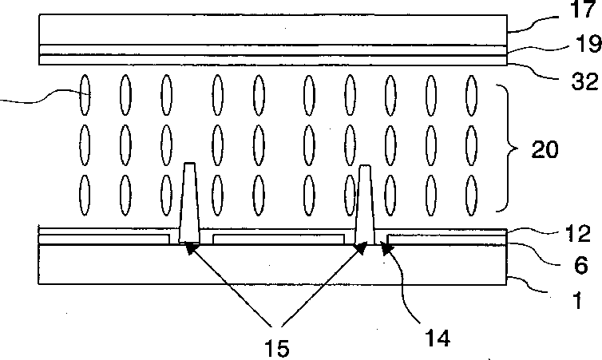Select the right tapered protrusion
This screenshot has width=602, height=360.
pos(366,204)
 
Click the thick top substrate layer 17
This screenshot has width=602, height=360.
pos(271,30)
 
